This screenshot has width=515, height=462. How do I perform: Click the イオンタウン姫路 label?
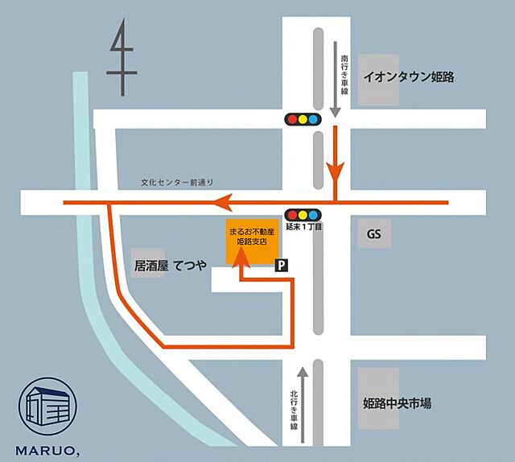click(409, 78)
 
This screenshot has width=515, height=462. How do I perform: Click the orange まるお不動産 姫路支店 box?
click(249, 242)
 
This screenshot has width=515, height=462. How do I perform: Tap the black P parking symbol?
click(282, 264)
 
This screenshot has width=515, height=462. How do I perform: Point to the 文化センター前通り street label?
click(175, 184)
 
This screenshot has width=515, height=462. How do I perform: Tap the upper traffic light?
click(303, 119)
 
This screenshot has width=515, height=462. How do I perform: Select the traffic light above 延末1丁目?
click(303, 215)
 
